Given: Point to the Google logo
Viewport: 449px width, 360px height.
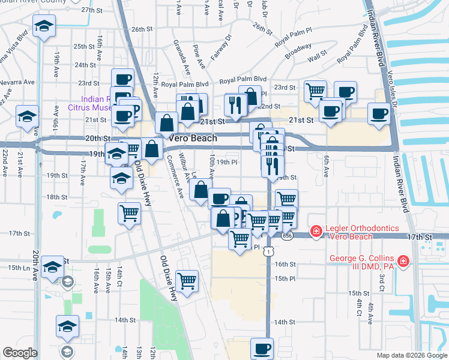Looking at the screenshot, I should coord(20,353).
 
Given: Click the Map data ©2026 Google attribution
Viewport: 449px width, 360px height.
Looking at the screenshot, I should coord(411,355).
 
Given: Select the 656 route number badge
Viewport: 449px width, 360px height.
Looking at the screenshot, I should coord(287,236).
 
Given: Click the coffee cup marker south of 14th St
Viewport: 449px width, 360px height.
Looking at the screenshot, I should coord(262,348).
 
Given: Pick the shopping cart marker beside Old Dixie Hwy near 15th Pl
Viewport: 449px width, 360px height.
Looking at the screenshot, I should coord(188,280).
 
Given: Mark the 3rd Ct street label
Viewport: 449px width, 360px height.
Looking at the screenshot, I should coord(382,283).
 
